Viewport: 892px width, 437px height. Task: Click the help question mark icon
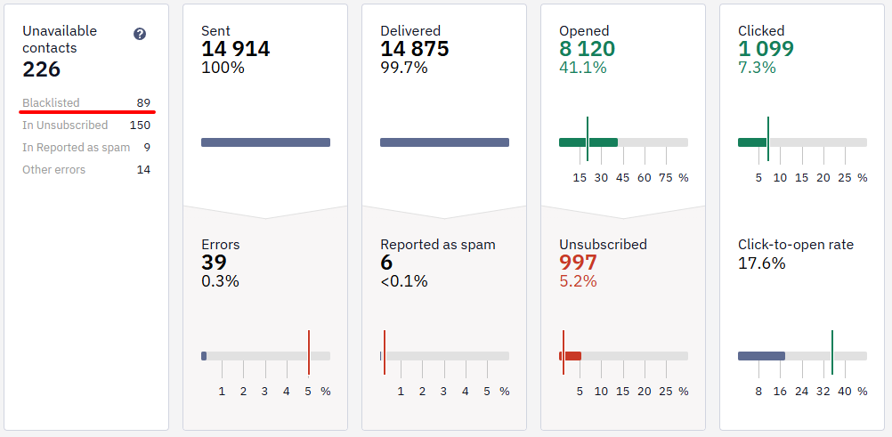tap(140, 34)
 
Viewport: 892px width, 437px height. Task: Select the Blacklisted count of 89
tap(143, 103)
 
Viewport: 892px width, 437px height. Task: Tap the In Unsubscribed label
tap(65, 125)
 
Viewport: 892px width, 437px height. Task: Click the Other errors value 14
tap(143, 170)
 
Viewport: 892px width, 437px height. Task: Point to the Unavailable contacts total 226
tap(42, 69)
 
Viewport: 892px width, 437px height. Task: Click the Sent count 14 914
tap(236, 49)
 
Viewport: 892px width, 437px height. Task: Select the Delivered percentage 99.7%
tap(404, 68)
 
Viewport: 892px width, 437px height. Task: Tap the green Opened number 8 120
tap(587, 49)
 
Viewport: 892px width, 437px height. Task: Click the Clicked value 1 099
tap(766, 49)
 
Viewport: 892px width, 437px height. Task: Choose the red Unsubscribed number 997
tap(578, 263)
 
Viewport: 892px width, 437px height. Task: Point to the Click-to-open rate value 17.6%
tap(762, 263)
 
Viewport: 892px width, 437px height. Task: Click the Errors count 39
tap(214, 263)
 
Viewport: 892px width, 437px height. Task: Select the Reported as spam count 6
tap(386, 263)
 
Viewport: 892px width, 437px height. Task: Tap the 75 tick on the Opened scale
tap(666, 177)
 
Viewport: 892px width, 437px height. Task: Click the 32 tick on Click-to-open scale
tap(823, 392)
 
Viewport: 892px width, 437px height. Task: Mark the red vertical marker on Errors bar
tap(309, 352)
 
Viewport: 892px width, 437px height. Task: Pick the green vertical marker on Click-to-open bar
tap(832, 352)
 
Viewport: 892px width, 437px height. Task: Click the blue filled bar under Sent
tap(265, 142)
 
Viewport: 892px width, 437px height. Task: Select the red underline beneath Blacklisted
tap(86, 112)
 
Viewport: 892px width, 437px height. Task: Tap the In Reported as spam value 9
tap(147, 148)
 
